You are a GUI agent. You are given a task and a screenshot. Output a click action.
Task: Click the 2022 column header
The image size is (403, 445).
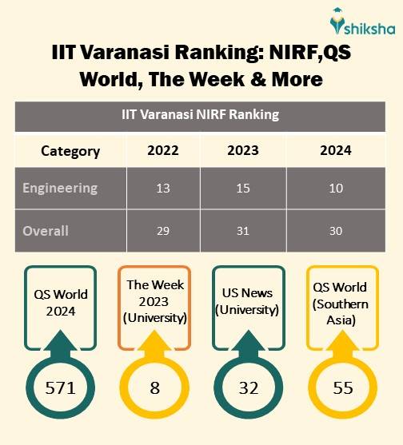pyautogui.click(x=163, y=151)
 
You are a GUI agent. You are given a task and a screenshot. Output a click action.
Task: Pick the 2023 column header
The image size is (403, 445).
pyautogui.click(x=243, y=151)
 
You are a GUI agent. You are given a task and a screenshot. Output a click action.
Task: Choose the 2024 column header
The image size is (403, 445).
pyautogui.click(x=336, y=151)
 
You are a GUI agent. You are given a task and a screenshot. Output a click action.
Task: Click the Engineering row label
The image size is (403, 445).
pyautogui.click(x=60, y=189)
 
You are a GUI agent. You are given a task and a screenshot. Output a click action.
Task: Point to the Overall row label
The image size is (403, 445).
pyautogui.click(x=46, y=231)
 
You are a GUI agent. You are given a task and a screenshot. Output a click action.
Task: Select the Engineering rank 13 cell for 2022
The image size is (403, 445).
pyautogui.click(x=163, y=189)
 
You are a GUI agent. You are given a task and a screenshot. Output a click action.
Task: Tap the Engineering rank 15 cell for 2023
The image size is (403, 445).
pyautogui.click(x=243, y=189)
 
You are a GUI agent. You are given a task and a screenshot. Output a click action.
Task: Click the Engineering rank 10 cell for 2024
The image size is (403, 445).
pyautogui.click(x=336, y=189)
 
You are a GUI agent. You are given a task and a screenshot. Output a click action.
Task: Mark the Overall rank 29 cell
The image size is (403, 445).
pyautogui.click(x=163, y=231)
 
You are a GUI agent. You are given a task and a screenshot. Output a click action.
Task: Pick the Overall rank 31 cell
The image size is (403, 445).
pyautogui.click(x=243, y=231)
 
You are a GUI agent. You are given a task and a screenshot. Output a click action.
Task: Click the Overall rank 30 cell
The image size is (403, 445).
pyautogui.click(x=336, y=231)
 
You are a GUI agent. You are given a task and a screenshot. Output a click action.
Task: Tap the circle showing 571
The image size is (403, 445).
pyautogui.click(x=60, y=388)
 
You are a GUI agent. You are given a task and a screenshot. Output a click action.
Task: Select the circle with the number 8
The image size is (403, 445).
pyautogui.click(x=155, y=388)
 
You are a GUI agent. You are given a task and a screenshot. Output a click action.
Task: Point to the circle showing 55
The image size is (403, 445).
pyautogui.click(x=341, y=388)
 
